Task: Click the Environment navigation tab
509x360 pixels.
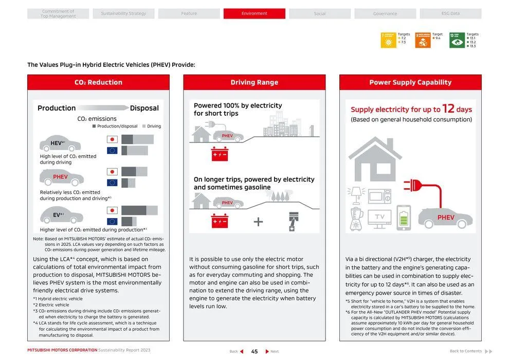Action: point(254,13)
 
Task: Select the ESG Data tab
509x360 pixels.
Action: point(450,13)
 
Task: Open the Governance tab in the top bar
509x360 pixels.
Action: point(385,13)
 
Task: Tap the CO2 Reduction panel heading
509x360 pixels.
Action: point(98,82)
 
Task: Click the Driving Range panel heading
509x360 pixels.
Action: point(254,82)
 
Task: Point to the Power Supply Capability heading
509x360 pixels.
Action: point(410,82)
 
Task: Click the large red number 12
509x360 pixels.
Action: point(448,109)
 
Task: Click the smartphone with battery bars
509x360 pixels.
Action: point(404,218)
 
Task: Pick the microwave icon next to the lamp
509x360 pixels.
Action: point(379,196)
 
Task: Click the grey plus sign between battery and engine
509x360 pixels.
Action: point(258,222)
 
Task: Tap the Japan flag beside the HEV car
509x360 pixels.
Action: point(112,139)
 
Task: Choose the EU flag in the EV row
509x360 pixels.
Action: point(112,222)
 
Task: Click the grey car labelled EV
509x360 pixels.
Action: point(61,216)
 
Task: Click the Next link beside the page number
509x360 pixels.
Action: point(272,351)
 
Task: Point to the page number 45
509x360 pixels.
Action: point(254,351)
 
